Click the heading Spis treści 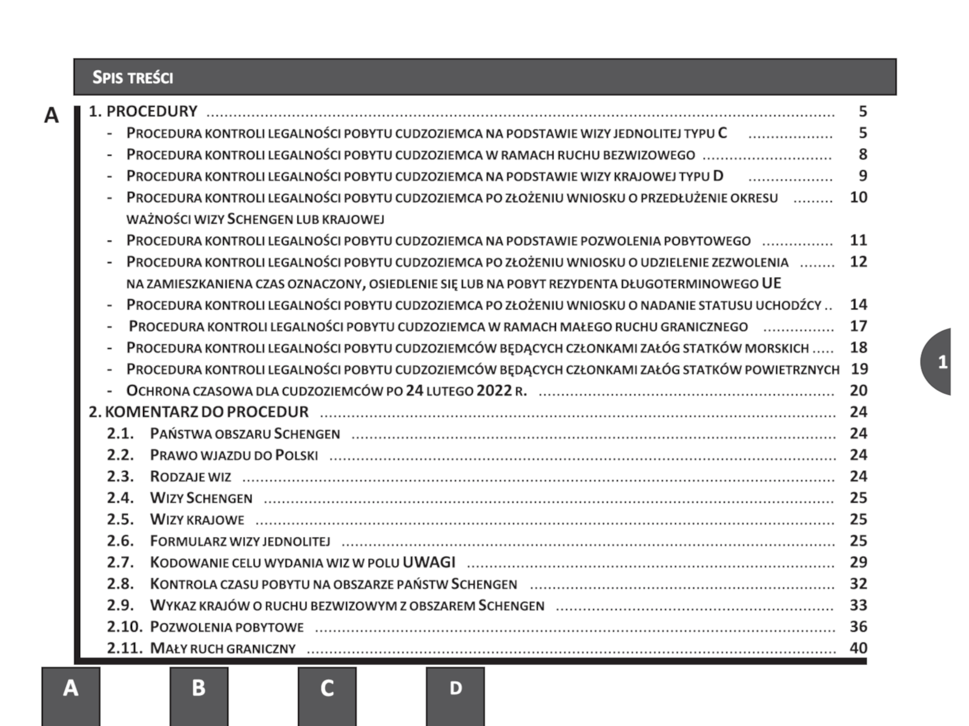pyautogui.click(x=133, y=77)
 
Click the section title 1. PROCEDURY pyautogui.click(x=144, y=111)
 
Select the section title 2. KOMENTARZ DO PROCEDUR pyautogui.click(x=199, y=412)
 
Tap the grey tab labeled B pyautogui.click(x=199, y=690)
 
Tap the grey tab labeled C pyautogui.click(x=327, y=690)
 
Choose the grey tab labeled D pyautogui.click(x=455, y=690)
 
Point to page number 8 pyautogui.click(x=862, y=154)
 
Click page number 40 pyautogui.click(x=858, y=648)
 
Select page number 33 pyautogui.click(x=858, y=605)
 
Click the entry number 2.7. pyautogui.click(x=121, y=563)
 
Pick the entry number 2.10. pyautogui.click(x=124, y=627)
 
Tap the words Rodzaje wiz pyautogui.click(x=191, y=477)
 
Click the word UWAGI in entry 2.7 pyautogui.click(x=429, y=562)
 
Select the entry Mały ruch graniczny pyautogui.click(x=223, y=649)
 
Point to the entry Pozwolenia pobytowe pyautogui.click(x=227, y=627)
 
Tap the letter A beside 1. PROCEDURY pyautogui.click(x=51, y=115)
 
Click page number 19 pyautogui.click(x=859, y=369)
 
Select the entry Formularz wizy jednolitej pyautogui.click(x=240, y=541)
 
